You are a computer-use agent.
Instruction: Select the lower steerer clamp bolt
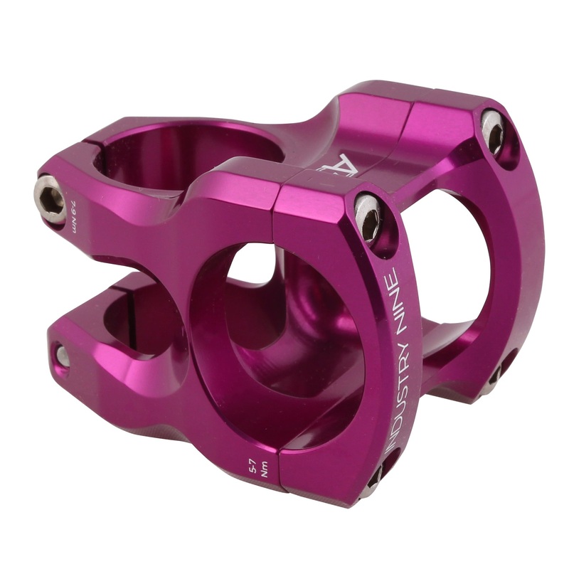tap(62, 354)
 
